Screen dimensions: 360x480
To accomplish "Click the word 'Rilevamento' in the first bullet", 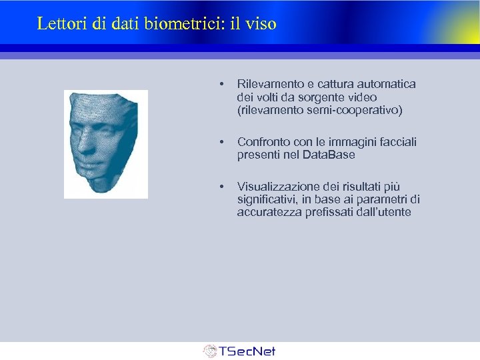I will click(267, 85).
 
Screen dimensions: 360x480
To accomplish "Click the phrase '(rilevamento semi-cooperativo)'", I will click(319, 110).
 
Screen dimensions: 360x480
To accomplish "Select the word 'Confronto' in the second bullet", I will click(261, 142).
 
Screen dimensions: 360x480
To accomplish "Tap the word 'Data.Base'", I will click(329, 155).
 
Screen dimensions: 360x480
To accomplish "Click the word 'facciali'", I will click(397, 142).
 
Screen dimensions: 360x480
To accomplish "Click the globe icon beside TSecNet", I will click(210, 351).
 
